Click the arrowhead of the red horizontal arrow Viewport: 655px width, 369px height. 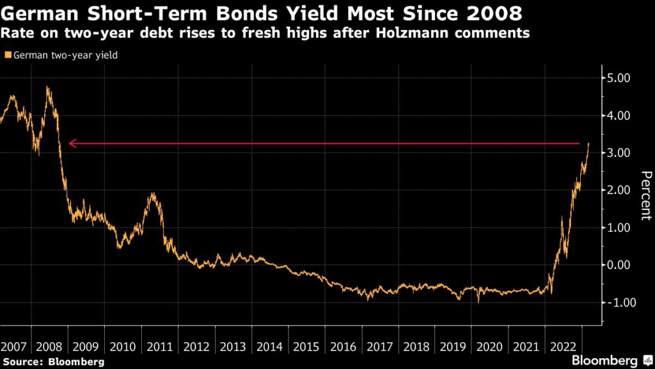coord(70,143)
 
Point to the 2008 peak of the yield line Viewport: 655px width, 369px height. coord(47,88)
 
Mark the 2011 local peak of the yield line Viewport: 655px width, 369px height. coord(152,193)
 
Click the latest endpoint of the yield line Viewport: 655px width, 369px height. coord(588,144)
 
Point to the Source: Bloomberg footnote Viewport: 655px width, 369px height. coord(52,362)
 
